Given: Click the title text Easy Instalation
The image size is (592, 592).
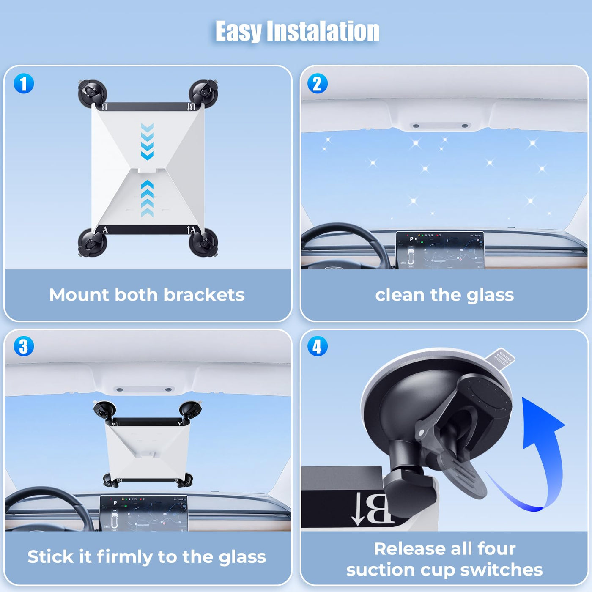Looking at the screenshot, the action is coord(297,31).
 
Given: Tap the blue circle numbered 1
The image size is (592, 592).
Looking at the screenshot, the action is coord(24,84).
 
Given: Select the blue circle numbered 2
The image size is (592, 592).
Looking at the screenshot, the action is coord(318,84).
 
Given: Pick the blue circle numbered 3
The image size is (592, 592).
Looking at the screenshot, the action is coord(24,346).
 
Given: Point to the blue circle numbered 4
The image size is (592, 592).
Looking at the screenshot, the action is coord(318,346).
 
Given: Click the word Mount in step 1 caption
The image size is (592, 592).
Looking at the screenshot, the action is coord(79,295).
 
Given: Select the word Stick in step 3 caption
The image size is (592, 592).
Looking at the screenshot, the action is coord(50,556).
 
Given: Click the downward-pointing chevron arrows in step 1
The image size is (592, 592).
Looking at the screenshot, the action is coord(148,141).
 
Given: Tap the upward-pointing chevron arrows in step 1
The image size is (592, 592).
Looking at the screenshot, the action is coord(148,198).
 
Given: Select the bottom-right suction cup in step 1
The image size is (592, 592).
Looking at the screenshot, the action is coord(203,243).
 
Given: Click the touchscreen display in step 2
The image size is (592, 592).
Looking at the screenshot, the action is coord(440,250).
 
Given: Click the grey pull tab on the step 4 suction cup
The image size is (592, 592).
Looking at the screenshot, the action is coord(500,356).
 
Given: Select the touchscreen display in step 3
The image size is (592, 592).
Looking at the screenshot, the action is coord(143,513).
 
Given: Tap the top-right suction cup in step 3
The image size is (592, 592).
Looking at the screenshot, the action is coord(190,410).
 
